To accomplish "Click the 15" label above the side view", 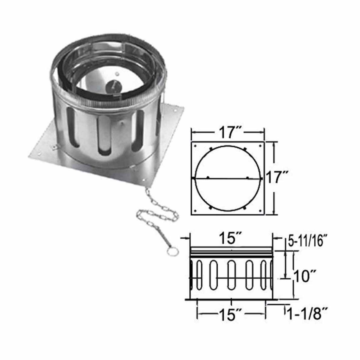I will pyautogui.click(x=231, y=239).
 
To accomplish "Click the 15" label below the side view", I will pyautogui.click(x=231, y=315).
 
